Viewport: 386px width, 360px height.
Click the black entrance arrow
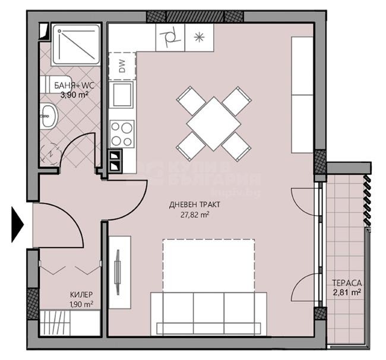click(17, 225)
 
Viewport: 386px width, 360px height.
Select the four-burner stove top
click(122, 134)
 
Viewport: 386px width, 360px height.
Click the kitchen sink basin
click(123, 95)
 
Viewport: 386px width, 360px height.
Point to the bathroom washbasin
click(48, 116)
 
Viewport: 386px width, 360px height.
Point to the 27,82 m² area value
click(195, 215)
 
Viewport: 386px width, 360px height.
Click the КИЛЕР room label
click(81, 295)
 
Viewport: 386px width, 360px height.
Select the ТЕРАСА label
click(347, 283)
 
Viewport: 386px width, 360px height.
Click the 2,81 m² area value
click(347, 292)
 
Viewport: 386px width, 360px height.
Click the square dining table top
click(213, 124)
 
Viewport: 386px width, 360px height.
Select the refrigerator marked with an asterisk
click(199, 37)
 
